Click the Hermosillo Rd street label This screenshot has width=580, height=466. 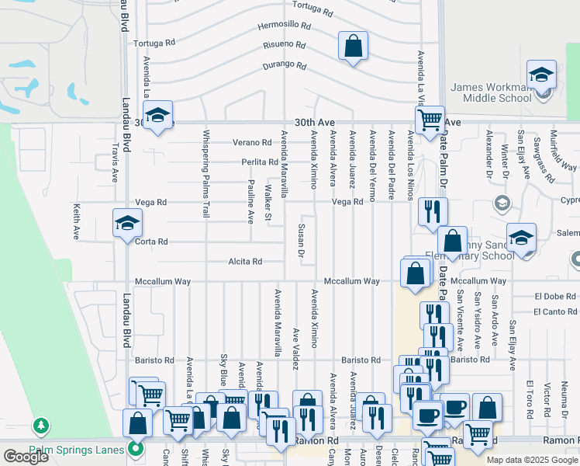pos(285,26)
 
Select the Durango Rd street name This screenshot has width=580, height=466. pos(285,64)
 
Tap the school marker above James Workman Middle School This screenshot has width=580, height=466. pos(541,75)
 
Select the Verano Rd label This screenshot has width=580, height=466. pos(253,143)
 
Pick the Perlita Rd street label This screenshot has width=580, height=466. pos(259,162)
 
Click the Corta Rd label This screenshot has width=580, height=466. pos(151,242)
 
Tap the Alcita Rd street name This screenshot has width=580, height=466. pos(245,262)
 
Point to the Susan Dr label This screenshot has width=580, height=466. pos(301,240)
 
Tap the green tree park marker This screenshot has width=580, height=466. pos(40,426)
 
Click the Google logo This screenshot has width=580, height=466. pos(25,457)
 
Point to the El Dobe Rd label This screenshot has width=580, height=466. pos(555,297)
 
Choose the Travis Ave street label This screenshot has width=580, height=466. pos(114,162)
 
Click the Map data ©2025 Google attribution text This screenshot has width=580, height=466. pos(532,460)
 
